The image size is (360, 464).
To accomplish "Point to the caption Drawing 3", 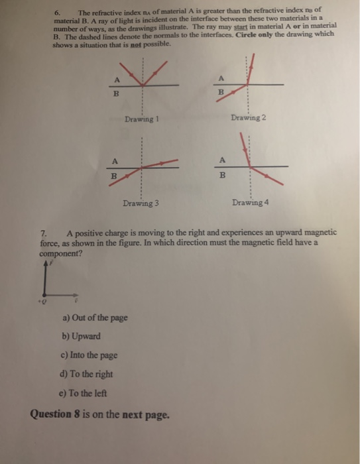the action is [140, 203].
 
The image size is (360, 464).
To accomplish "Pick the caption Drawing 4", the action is [250, 202].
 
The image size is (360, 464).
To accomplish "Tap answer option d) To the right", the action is [86, 374].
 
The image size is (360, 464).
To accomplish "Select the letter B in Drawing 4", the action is [223, 176].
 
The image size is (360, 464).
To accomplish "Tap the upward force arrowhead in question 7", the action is [44, 263].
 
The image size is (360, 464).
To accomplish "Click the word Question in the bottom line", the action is [51, 414].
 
